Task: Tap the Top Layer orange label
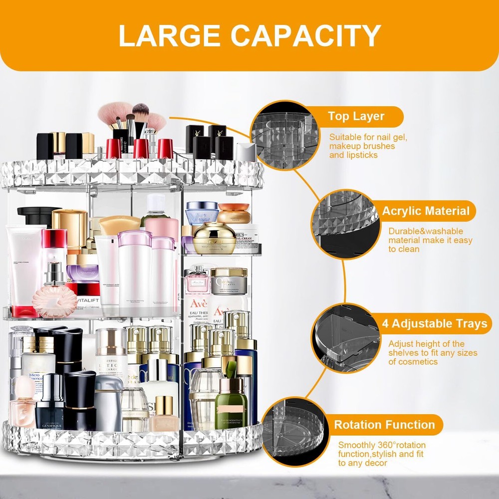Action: (x=356, y=117)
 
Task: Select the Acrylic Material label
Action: (x=426, y=211)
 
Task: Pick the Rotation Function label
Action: (x=384, y=425)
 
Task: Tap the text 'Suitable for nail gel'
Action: (x=368, y=137)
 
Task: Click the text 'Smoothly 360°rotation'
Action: (x=382, y=445)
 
